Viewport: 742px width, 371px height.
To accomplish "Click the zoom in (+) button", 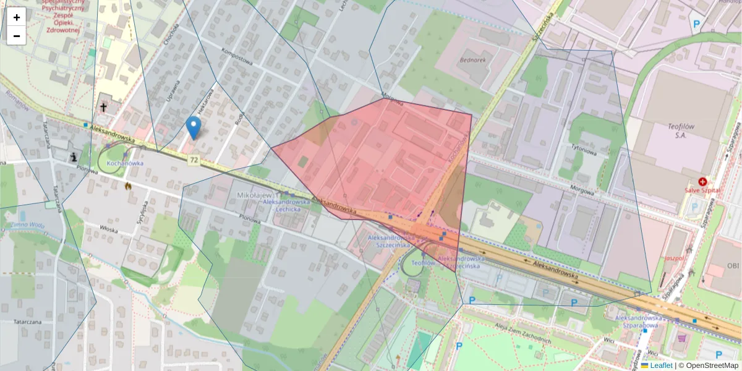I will pyautogui.click(x=17, y=17).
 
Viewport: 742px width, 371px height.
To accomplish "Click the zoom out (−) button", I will pyautogui.click(x=17, y=36).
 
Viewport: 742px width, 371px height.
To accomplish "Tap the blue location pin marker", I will pyautogui.click(x=194, y=127).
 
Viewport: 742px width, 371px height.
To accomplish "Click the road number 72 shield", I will pyautogui.click(x=194, y=160).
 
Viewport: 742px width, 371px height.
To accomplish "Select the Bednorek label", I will pyautogui.click(x=473, y=61).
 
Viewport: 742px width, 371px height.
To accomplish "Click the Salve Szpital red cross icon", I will pyautogui.click(x=702, y=182).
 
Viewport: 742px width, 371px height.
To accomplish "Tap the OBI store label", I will pyautogui.click(x=733, y=266).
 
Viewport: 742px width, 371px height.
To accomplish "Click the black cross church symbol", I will pyautogui.click(x=104, y=108).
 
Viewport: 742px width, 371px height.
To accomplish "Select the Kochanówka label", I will pyautogui.click(x=126, y=163).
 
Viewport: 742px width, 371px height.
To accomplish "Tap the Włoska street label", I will pyautogui.click(x=109, y=228).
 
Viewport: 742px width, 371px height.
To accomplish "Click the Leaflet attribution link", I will pyautogui.click(x=660, y=365).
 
